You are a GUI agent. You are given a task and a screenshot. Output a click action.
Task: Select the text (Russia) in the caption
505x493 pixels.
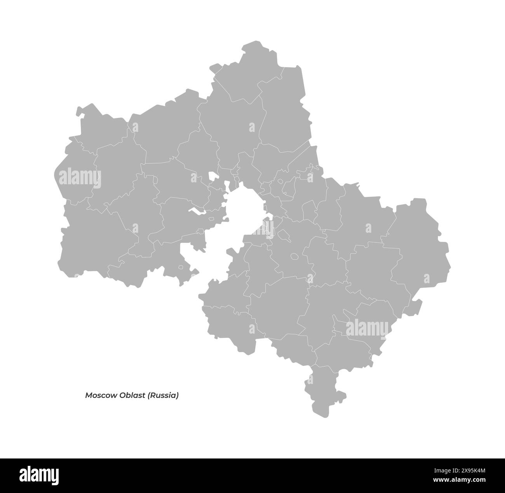pyautogui.click(x=163, y=396)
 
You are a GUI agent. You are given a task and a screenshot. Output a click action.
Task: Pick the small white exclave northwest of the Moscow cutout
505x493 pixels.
pyautogui.click(x=213, y=176)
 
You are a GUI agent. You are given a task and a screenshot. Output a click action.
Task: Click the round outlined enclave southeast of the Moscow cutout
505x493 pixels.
pyautogui.click(x=294, y=256)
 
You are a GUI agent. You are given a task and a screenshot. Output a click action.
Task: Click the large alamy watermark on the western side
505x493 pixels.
pyautogui.click(x=80, y=178)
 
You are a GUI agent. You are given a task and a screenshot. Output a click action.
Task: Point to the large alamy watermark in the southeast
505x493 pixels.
pyautogui.click(x=367, y=328)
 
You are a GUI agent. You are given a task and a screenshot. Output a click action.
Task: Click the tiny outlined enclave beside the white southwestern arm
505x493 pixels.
pyautogui.click(x=181, y=267)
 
